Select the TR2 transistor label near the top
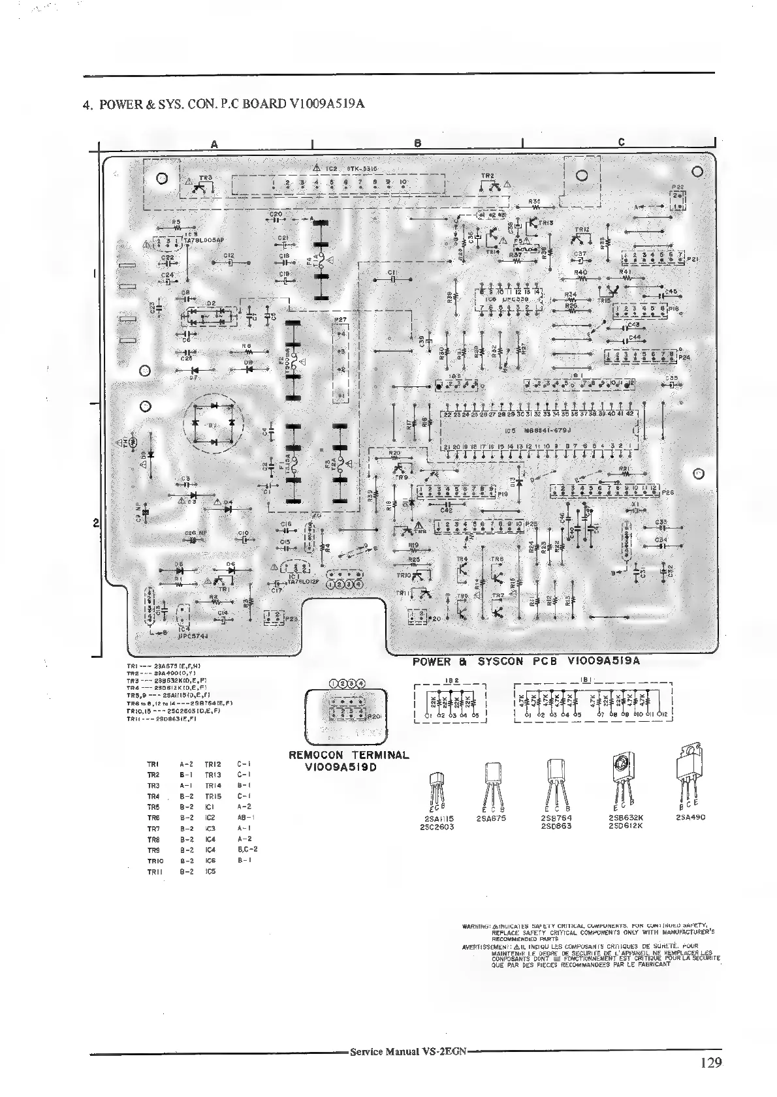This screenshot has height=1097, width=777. pyautogui.click(x=487, y=176)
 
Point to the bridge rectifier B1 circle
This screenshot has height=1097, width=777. pyautogui.click(x=213, y=424)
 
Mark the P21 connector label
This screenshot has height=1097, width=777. pyautogui.click(x=693, y=259)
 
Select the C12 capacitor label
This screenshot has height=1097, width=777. pyautogui.click(x=228, y=256)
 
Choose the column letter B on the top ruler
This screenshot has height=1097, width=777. pyautogui.click(x=418, y=142)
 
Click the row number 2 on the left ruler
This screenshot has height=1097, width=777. pyautogui.click(x=95, y=523)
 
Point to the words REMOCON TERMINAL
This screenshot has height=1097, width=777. pyautogui.click(x=349, y=755)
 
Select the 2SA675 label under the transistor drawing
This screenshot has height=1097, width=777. pyautogui.click(x=492, y=818)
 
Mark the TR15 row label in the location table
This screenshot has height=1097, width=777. pyautogui.click(x=214, y=796)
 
